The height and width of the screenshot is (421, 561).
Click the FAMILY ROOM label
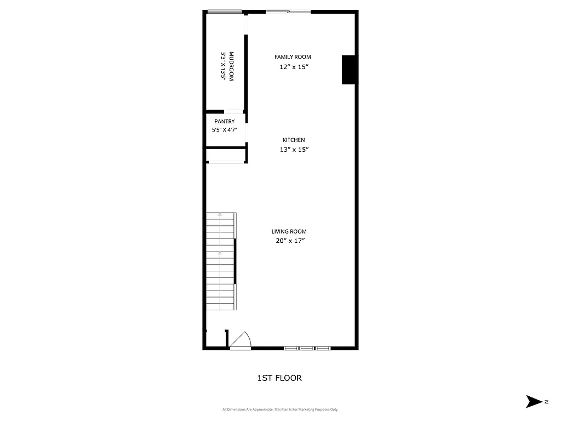tap(293, 57)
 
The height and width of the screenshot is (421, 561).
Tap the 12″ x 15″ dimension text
tap(294, 67)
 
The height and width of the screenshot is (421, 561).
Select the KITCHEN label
tap(294, 140)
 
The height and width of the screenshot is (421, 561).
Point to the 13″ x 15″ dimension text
tap(294, 150)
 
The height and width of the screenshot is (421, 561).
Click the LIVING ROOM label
tap(289, 231)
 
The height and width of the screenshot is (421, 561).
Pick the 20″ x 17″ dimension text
tap(290, 241)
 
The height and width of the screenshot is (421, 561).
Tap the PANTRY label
tap(225, 122)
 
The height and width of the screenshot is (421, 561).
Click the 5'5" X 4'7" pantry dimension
tap(225, 130)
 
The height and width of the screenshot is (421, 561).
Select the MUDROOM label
tap(231, 66)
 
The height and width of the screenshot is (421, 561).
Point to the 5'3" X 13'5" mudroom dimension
tap(224, 66)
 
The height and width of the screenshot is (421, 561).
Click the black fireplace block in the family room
tap(349, 70)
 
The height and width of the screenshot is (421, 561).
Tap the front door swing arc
tap(242, 339)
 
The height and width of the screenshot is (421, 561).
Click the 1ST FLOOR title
tap(279, 378)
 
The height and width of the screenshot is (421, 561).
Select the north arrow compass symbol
tap(533, 401)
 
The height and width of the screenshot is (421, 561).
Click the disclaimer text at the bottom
tap(280, 409)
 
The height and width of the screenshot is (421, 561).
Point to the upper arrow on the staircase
tap(220, 215)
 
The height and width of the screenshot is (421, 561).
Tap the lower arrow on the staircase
tap(220, 254)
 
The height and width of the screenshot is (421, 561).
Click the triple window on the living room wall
tap(307, 348)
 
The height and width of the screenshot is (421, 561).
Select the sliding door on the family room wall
tap(288, 12)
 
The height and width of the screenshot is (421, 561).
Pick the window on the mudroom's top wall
tap(224, 12)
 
